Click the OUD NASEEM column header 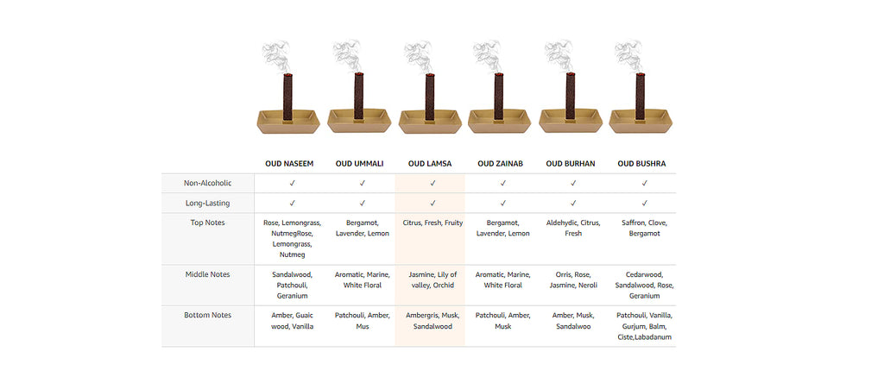[x=289, y=164]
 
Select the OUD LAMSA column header [x=430, y=164]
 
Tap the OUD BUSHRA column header [x=641, y=164]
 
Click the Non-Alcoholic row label [x=207, y=183]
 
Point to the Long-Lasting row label [x=207, y=203]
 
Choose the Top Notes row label [x=207, y=223]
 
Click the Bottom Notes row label [x=207, y=315]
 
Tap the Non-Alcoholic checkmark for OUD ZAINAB [x=503, y=183]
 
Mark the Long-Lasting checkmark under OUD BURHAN [x=573, y=203]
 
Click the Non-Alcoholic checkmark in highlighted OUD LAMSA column [x=433, y=183]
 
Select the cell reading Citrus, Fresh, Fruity [x=433, y=223]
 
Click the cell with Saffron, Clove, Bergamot [x=644, y=228]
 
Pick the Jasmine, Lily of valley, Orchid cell [x=433, y=280]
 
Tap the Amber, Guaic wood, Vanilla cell [x=292, y=321]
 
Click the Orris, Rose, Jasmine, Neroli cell [x=573, y=280]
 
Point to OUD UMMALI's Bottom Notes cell [x=362, y=321]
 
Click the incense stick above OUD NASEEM [x=287, y=97]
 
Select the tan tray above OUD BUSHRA [x=641, y=121]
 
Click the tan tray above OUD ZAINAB [x=500, y=121]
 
